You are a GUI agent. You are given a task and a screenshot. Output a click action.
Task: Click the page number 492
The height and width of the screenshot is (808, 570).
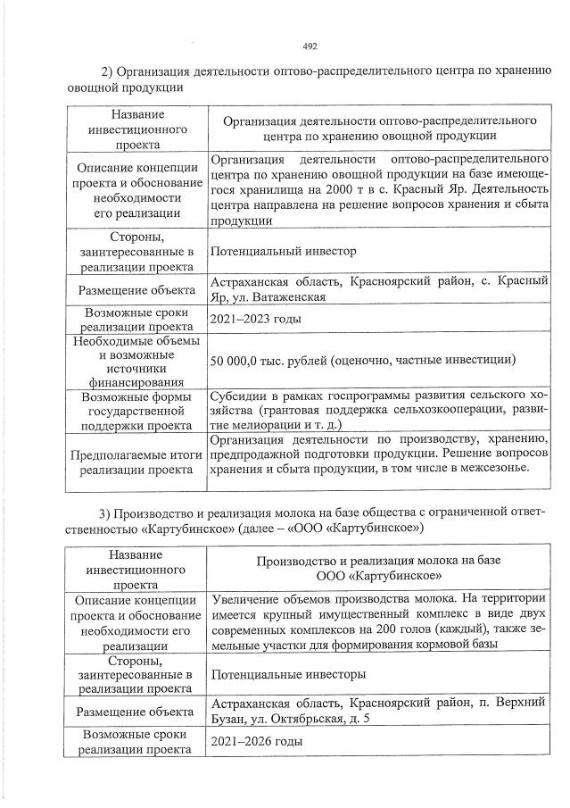click(310, 47)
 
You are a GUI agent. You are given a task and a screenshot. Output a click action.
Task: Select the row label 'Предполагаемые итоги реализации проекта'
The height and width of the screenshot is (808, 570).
click(137, 462)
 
